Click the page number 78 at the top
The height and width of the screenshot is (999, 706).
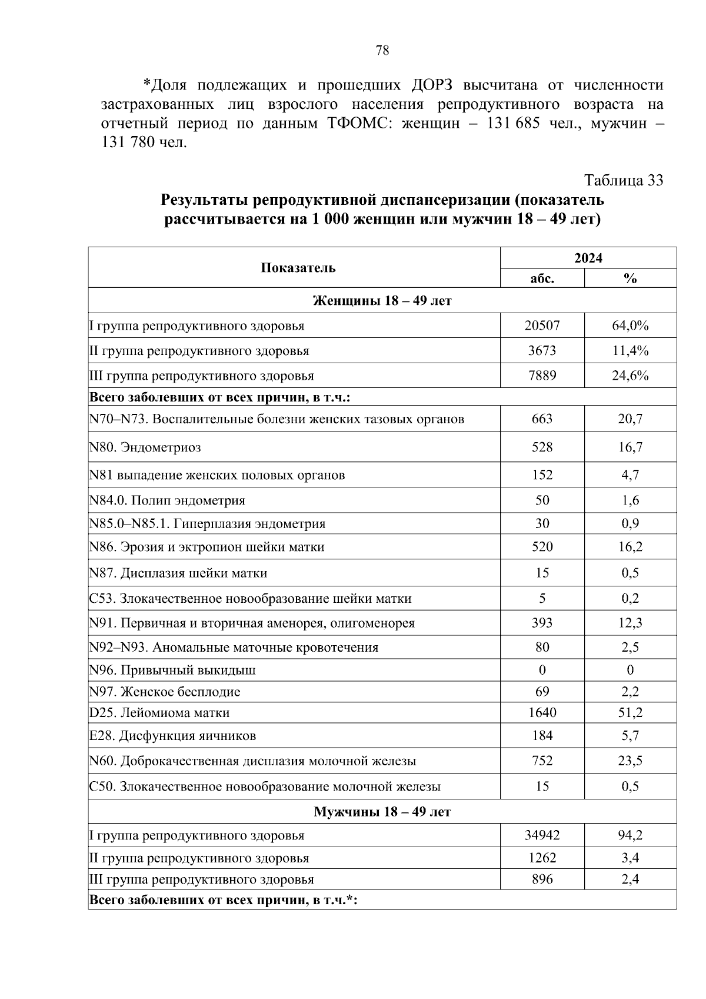(x=382, y=51)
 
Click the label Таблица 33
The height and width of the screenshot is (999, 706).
(x=624, y=180)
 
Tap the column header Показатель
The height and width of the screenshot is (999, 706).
(x=298, y=268)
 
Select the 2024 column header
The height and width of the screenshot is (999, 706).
(x=588, y=258)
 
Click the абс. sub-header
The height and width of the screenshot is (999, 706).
(x=542, y=278)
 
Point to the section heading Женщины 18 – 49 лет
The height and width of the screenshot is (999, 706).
(x=382, y=300)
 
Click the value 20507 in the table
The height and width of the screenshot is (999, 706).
(x=542, y=326)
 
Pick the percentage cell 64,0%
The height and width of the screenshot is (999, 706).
(x=630, y=326)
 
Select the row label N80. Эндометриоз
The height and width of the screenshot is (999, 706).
(x=145, y=447)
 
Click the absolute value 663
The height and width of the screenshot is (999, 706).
(x=542, y=419)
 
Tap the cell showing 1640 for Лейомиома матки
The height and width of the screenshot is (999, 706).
(x=542, y=713)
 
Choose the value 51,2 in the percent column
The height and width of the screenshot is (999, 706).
(x=630, y=713)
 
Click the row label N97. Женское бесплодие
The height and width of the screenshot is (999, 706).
(x=165, y=692)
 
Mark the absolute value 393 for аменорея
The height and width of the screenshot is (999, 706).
(x=542, y=623)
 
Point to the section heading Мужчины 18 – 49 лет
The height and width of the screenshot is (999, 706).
(x=382, y=812)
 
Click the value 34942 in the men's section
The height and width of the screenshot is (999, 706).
(x=542, y=835)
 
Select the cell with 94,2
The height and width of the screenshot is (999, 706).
(x=630, y=835)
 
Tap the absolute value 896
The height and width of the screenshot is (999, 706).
(x=542, y=879)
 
